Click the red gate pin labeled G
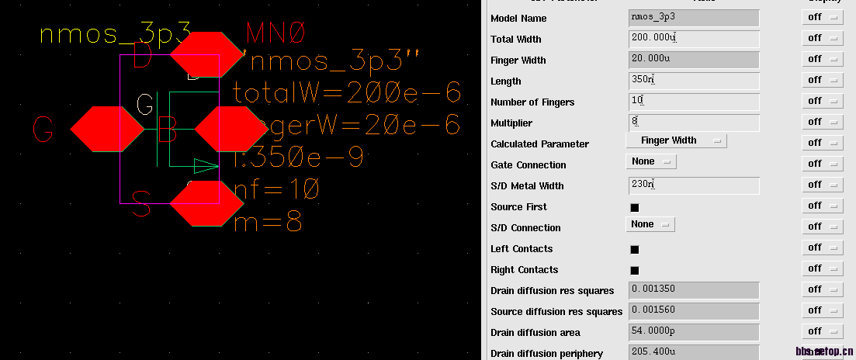coord(107,129)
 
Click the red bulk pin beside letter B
coord(231,129)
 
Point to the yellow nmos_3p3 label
coord(115,35)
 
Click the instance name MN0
coord(277,34)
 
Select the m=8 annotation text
coord(267,221)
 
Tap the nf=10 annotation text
coord(276,189)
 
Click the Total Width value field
coord(694,39)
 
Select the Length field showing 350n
coord(694,81)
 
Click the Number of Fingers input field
coord(694,102)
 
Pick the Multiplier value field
coord(694,123)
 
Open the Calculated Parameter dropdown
coord(676,141)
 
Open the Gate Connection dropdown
coord(651,161)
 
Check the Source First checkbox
coord(634,207)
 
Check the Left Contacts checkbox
coord(634,249)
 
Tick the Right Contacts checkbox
coord(634,270)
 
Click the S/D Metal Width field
coord(694,185)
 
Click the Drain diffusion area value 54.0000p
coord(694,332)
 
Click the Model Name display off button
coord(822,17)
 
